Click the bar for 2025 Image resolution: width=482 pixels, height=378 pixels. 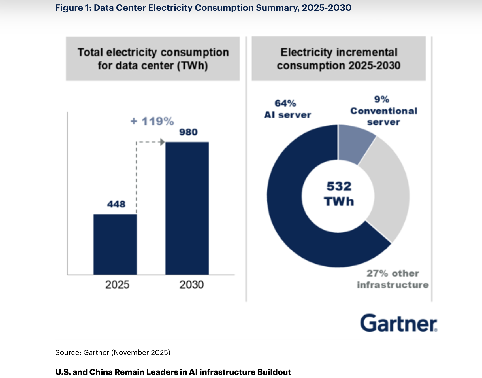click(115, 244)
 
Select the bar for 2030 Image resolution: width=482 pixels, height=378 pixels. click(187, 208)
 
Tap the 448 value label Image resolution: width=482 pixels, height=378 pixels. click(116, 204)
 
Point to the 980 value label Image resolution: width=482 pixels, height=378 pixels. click(188, 132)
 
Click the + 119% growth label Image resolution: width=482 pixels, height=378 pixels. click(152, 121)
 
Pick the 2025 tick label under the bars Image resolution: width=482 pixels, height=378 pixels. click(117, 284)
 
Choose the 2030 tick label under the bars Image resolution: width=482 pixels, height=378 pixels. click(191, 284)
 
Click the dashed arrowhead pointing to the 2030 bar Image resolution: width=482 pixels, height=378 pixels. click(162, 142)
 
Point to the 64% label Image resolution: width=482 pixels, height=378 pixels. click(285, 103)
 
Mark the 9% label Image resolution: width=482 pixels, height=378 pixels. click(382, 99)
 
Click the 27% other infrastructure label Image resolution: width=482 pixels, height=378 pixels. click(393, 279)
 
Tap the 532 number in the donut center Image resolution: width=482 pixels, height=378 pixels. click(339, 186)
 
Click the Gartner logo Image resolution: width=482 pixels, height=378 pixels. click(398, 323)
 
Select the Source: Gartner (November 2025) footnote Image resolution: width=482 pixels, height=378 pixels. click(113, 352)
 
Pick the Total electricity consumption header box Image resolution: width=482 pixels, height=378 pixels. click(153, 59)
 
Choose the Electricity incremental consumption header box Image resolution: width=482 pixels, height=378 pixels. click(339, 59)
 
